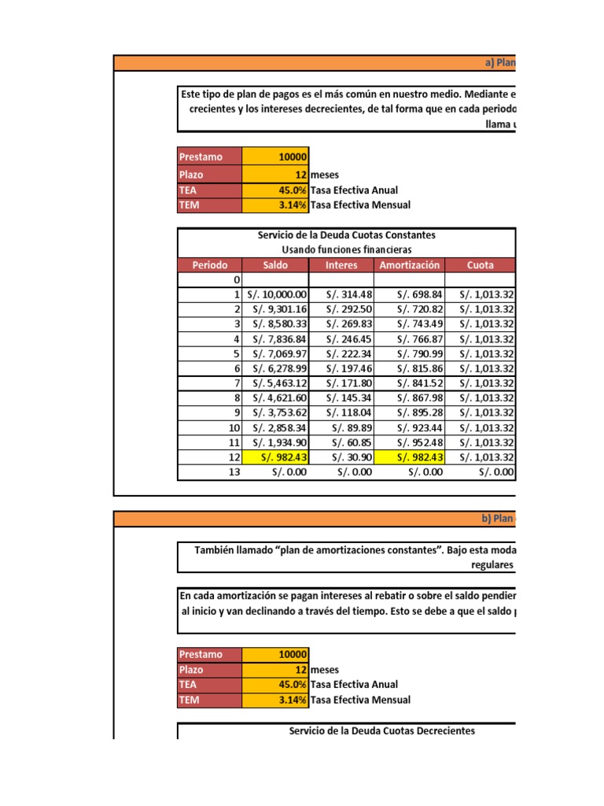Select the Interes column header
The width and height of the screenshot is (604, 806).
341,265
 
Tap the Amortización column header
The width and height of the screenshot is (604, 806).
410,265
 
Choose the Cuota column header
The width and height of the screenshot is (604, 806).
480,265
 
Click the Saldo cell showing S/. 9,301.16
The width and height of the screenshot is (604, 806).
276,309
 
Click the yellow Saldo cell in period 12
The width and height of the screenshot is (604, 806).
276,457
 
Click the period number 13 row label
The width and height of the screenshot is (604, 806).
234,472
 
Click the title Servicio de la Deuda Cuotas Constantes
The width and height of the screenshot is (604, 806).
346,235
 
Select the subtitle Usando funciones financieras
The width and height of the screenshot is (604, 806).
346,250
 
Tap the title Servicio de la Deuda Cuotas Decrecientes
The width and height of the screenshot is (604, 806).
382,731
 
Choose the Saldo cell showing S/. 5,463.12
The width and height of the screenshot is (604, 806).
276,383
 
